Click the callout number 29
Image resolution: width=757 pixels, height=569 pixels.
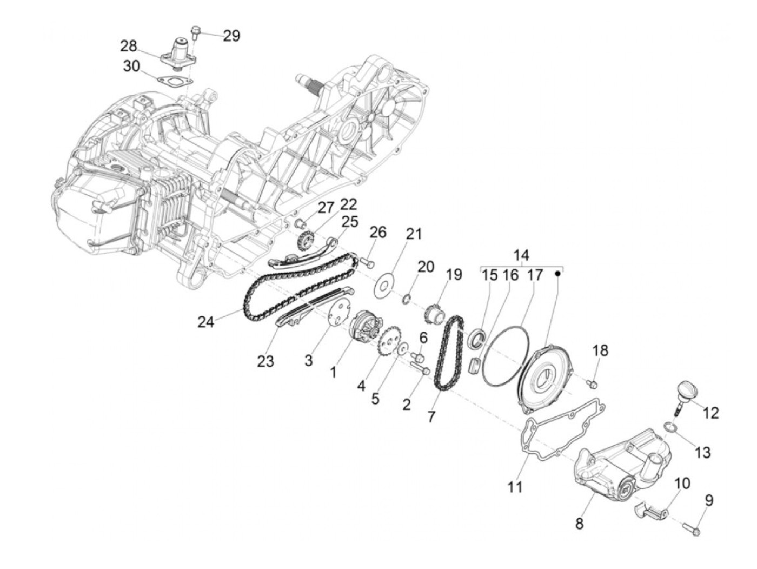click(x=231, y=36)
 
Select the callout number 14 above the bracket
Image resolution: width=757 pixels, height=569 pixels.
click(x=521, y=255)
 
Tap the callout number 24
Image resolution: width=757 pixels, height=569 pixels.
click(x=206, y=322)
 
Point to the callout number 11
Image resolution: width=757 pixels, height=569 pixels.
click(x=515, y=487)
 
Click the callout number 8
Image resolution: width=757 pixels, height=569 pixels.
click(x=580, y=524)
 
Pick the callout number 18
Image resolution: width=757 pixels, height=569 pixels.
click(x=600, y=351)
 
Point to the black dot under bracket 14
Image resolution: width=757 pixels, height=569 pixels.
click(x=558, y=274)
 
